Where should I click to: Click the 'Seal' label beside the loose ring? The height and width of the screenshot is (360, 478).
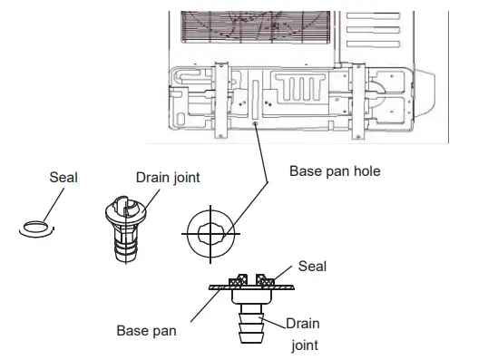click(63, 178)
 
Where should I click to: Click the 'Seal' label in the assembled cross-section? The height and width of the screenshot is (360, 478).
click(314, 267)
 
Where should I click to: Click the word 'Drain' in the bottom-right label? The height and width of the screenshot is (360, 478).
click(303, 322)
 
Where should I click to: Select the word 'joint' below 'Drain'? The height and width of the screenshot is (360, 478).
click(304, 345)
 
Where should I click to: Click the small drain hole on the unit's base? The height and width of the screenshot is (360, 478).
click(258, 128)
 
